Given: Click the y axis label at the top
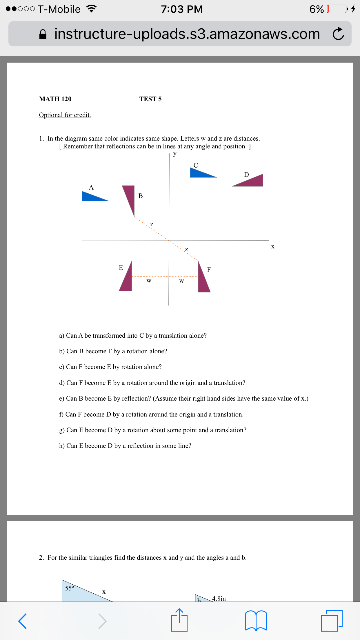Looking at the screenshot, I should pos(174,154).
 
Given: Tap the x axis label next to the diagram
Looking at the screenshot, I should pos(272,247).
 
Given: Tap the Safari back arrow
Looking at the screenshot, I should pos(23,621).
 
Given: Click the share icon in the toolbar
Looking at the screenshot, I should pos(179,620).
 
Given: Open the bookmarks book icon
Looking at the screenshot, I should pos(256,621).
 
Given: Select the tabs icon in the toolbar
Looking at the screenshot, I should pos(332,620).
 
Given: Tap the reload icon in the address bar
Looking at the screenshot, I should pos(338,34).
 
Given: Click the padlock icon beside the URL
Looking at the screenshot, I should pos(43,34).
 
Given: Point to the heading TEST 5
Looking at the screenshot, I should pos(150,99).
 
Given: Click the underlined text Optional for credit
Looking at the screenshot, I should pos(65,115).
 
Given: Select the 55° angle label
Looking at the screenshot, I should pos(70,588).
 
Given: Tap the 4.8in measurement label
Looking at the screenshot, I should pos(219,599).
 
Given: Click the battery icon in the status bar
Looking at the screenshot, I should pos(337,9).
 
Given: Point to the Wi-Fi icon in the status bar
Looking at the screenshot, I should pos(91,9).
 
